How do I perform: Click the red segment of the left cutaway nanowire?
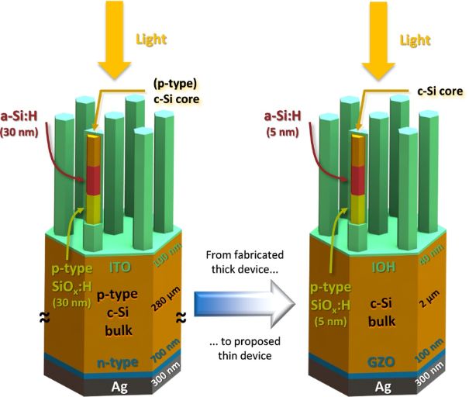[93, 180]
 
